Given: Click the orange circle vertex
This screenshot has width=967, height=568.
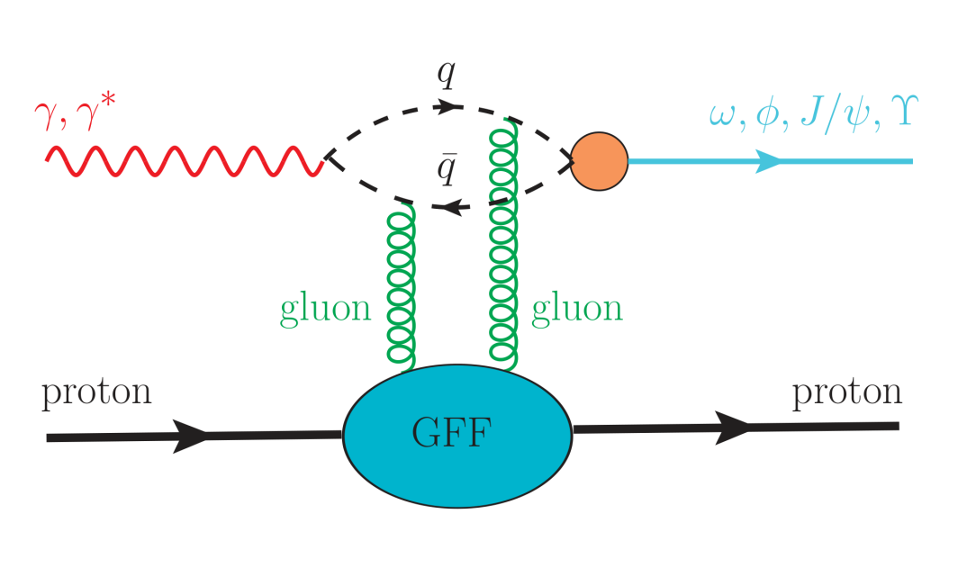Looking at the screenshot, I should (x=599, y=161).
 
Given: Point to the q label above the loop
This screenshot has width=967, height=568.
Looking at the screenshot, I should (x=446, y=77).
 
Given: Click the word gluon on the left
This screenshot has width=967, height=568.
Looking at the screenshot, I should (x=325, y=309).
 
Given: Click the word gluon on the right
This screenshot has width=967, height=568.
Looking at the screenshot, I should (x=577, y=309).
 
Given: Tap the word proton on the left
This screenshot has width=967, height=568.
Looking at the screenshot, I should (x=96, y=393).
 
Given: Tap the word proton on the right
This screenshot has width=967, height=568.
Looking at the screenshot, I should (x=846, y=393).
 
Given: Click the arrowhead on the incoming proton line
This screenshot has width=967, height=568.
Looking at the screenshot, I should (x=192, y=436).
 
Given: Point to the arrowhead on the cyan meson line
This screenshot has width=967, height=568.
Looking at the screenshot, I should (x=768, y=161).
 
